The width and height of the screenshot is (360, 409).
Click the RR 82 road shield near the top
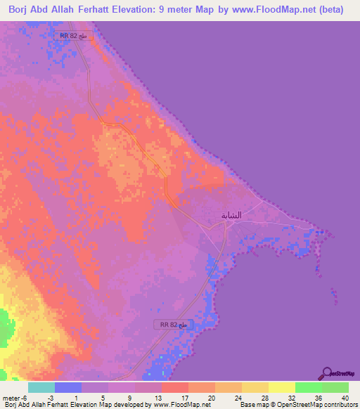pos(72,34)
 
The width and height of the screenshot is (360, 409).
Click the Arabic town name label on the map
pos(231,215)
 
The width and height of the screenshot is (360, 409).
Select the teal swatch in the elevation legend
pos(41,387)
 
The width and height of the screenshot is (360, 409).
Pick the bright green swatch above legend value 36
pos(308,387)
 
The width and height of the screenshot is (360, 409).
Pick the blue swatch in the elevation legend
pos(68,387)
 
